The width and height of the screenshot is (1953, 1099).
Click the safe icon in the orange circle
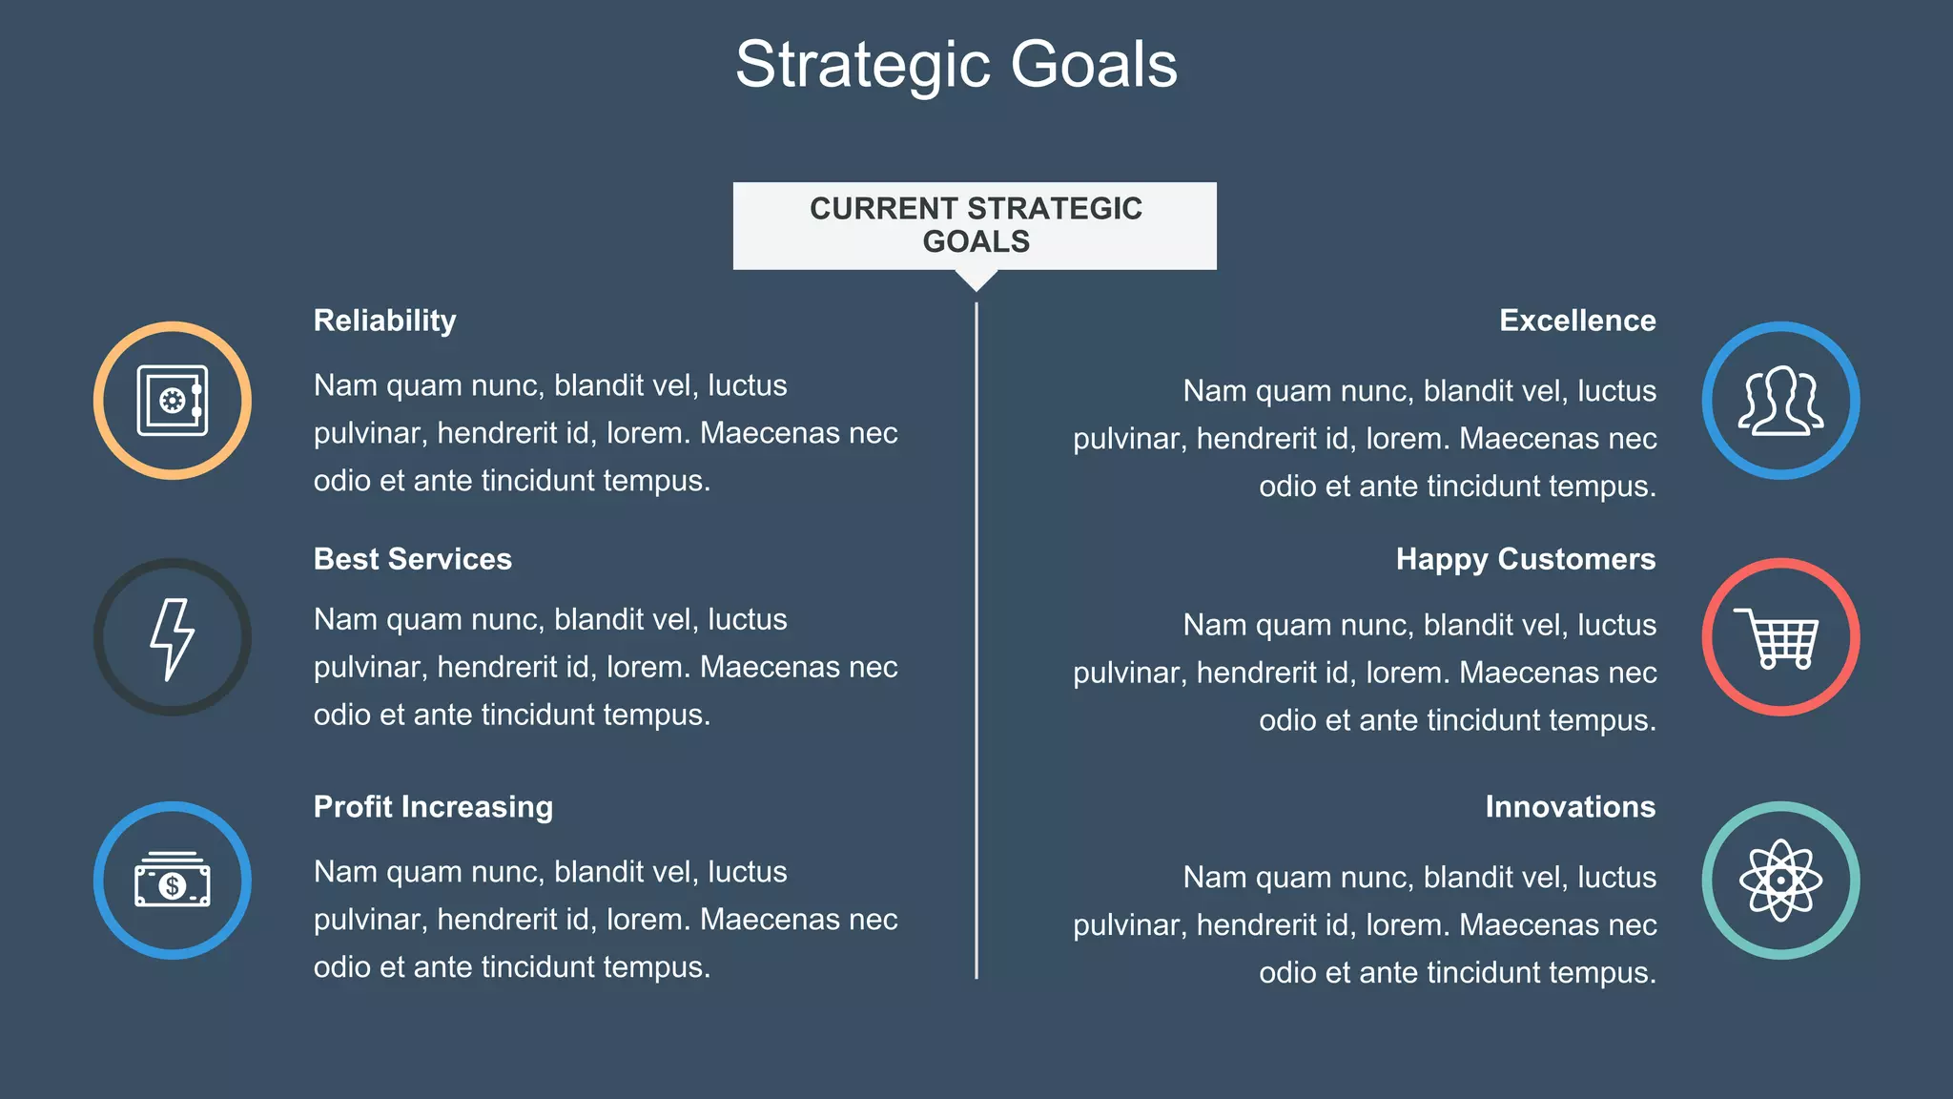[x=173, y=401]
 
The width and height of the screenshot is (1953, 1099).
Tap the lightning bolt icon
[x=173, y=638]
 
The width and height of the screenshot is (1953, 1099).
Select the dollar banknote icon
[x=173, y=881]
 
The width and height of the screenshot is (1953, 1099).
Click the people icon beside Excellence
[x=1780, y=401]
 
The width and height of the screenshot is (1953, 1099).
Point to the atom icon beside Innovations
[x=1780, y=881]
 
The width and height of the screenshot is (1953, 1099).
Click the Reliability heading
[x=384, y=321]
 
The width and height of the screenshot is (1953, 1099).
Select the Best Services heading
[x=412, y=559]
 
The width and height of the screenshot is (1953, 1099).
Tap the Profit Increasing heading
[x=433, y=807]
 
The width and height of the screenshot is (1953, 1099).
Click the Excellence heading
[x=1577, y=321]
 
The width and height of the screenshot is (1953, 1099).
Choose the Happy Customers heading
[x=1526, y=559]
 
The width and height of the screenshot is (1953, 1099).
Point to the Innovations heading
[x=1570, y=807]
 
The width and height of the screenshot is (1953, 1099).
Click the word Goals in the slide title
[x=1093, y=65]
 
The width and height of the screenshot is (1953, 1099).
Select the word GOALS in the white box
[x=976, y=241]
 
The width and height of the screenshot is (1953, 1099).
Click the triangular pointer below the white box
[x=976, y=279]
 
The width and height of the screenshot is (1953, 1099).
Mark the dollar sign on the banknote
[x=173, y=886]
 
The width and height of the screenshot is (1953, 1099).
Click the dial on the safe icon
[x=172, y=401]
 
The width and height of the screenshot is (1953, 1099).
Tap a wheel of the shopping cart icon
[x=1768, y=662]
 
